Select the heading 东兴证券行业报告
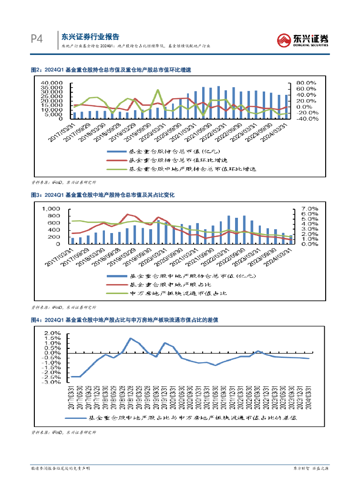[x=91, y=37]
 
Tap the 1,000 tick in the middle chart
[x=51, y=209]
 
